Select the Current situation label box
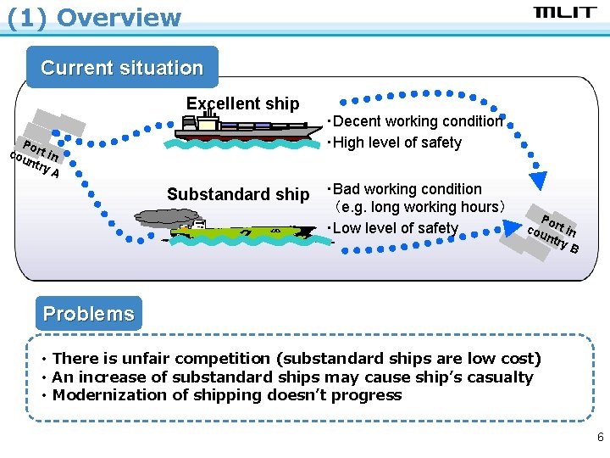[x=122, y=68]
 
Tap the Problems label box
[x=88, y=314]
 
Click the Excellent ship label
[x=242, y=103]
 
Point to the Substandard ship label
[x=238, y=194]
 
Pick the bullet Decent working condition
[x=415, y=121]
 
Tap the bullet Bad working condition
[x=404, y=189]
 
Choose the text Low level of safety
[x=392, y=227]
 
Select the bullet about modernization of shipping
[x=226, y=394]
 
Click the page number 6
[x=600, y=438]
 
